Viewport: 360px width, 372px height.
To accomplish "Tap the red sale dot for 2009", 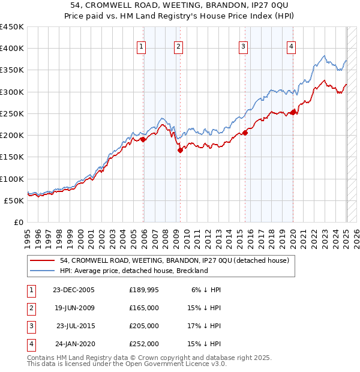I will click(x=180, y=151).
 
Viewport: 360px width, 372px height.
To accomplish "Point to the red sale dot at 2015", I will click(x=245, y=133).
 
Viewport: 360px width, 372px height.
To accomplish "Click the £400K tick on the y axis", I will click(x=12, y=49).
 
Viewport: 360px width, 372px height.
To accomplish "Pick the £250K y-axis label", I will click(x=12, y=113).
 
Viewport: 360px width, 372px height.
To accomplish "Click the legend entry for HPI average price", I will click(x=133, y=271).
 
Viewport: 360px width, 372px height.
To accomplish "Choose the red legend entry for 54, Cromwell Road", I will click(x=175, y=260).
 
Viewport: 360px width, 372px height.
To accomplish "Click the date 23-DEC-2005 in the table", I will click(x=74, y=290).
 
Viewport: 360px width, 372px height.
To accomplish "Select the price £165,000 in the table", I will click(x=144, y=308).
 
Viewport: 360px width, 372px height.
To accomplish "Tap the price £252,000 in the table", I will click(x=144, y=344).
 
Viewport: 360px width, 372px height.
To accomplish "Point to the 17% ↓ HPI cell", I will click(x=205, y=326).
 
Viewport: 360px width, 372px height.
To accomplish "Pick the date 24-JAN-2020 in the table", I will click(x=74, y=344).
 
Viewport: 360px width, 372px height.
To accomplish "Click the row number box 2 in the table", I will click(x=30, y=308).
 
